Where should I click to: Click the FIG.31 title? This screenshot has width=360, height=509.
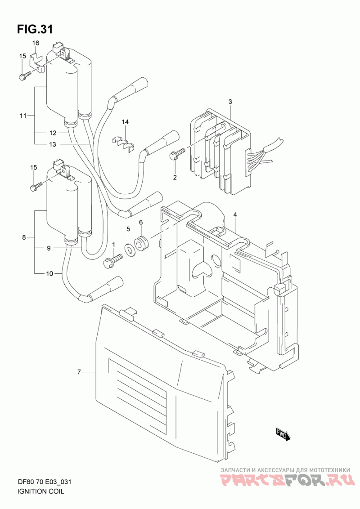35,29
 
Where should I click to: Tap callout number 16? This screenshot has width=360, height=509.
36,43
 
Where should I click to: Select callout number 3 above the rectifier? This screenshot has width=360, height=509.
230,102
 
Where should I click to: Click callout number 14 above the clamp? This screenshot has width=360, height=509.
126,122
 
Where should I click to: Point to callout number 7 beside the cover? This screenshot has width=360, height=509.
79,372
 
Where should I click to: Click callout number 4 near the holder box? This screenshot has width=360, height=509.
235,214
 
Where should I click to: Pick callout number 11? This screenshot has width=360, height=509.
22,116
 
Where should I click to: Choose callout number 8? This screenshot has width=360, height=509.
24,237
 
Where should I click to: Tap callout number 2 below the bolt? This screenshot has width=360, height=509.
175,177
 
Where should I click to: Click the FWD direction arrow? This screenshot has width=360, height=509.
281,434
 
